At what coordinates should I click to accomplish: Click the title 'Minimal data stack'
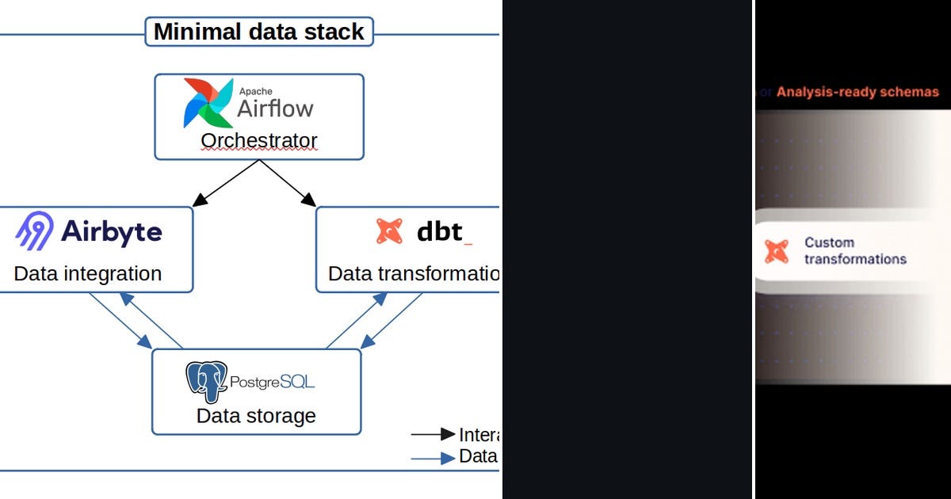[x=258, y=32]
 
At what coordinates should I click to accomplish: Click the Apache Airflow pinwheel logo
[x=208, y=103]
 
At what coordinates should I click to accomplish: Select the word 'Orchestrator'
[x=258, y=140]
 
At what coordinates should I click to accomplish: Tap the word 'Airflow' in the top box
[x=275, y=109]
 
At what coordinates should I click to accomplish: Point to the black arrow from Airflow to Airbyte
[x=226, y=184]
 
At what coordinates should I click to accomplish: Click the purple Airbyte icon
[x=34, y=231]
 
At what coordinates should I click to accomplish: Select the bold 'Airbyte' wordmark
[x=111, y=231]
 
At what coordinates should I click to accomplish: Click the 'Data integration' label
[x=88, y=274]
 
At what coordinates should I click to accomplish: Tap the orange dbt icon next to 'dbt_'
[x=390, y=230]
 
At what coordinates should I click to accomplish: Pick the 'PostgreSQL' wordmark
[x=272, y=382]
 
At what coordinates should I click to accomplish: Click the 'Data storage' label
[x=256, y=415]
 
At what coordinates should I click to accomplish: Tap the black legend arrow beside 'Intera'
[x=433, y=434]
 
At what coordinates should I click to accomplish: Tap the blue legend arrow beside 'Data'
[x=433, y=457]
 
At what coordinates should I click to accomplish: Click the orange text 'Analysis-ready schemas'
[x=857, y=92]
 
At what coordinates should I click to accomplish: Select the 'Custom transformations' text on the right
[x=854, y=251]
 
